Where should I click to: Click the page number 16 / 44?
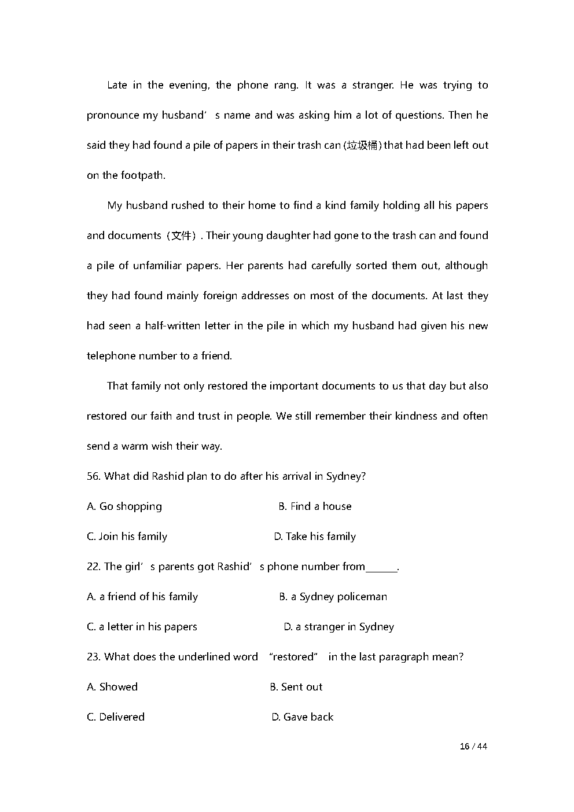tap(473, 747)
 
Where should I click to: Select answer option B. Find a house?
tap(315, 506)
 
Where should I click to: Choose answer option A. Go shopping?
tap(124, 506)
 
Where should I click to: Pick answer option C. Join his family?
tap(127, 537)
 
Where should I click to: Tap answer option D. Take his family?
tap(315, 537)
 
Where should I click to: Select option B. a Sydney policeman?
tap(333, 597)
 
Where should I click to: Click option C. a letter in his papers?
tap(142, 627)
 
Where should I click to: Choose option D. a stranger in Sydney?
tap(338, 627)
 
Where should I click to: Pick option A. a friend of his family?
tap(142, 597)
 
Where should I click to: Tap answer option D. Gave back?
tap(303, 717)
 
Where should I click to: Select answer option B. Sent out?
tap(296, 687)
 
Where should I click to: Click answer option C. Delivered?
tap(116, 717)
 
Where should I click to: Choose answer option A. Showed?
tap(112, 687)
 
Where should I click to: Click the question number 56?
tap(93, 476)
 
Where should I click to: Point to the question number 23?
tap(93, 657)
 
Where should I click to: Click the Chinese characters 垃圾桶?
tap(362, 145)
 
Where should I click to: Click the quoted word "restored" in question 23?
tap(293, 657)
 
